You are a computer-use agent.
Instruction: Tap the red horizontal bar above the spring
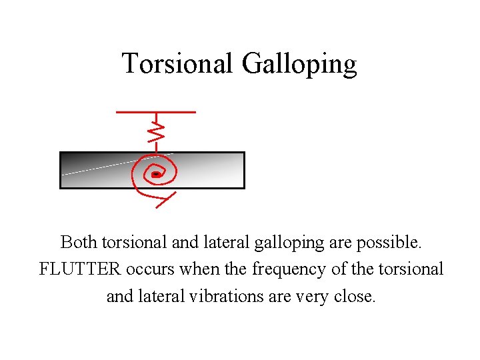[156, 112]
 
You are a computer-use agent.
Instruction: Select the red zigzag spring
[155, 133]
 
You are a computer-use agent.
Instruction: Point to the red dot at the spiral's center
[155, 174]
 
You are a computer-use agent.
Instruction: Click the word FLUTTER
[79, 269]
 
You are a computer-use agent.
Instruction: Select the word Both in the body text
[78, 242]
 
